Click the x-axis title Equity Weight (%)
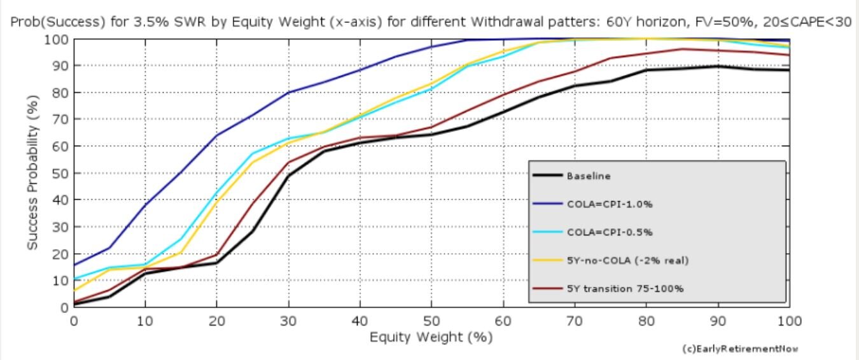(x=431, y=337)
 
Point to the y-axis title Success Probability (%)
(x=33, y=172)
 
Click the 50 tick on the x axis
(x=431, y=321)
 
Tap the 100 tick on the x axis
(x=789, y=321)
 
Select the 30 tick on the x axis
(x=288, y=321)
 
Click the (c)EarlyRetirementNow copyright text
(x=739, y=349)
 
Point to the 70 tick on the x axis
(x=575, y=321)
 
